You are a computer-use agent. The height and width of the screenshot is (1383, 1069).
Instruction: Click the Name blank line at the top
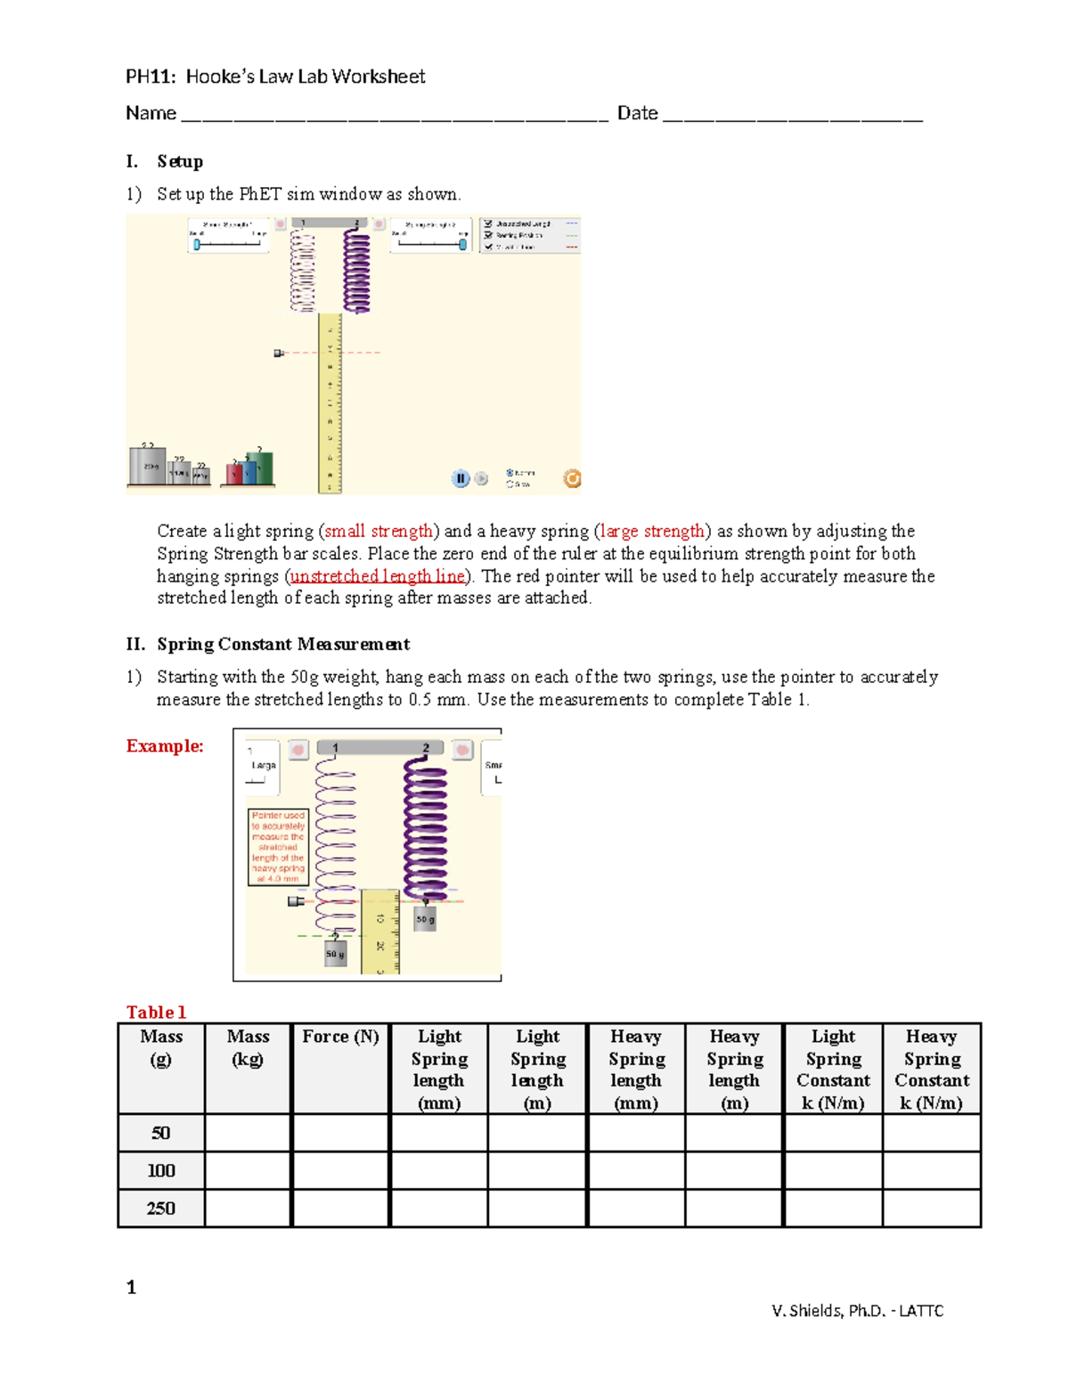[x=393, y=117]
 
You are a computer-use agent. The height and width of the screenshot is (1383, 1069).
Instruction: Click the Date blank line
[x=793, y=117]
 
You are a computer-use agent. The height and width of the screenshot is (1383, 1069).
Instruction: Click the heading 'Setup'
[x=180, y=161]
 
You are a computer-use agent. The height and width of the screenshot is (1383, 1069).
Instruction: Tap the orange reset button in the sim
[x=572, y=479]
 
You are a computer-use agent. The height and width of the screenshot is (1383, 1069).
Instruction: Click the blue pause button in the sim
[x=461, y=479]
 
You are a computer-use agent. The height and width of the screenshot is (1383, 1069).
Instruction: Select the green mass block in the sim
[x=260, y=467]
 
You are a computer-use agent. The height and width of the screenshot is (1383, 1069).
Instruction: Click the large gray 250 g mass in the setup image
[x=148, y=465]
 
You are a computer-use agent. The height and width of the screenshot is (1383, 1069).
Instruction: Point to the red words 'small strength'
[x=379, y=532]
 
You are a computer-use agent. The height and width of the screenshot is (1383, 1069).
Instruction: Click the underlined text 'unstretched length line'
[x=378, y=576]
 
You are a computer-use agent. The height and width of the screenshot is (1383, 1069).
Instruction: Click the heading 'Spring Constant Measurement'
[x=283, y=644]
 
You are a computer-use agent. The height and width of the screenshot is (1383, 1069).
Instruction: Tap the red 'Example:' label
[x=165, y=746]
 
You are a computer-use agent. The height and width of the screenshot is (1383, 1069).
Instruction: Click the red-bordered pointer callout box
[x=278, y=847]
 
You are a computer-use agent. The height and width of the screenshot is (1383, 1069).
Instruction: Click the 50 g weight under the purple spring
[x=426, y=919]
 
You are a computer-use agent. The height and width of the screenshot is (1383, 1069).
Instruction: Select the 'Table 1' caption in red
[x=156, y=1012]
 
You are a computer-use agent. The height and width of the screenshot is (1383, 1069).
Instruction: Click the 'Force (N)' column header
[x=340, y=1037]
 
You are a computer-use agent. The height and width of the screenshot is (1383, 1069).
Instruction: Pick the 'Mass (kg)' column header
[x=248, y=1047]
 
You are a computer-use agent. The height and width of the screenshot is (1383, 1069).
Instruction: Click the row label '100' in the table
[x=161, y=1170]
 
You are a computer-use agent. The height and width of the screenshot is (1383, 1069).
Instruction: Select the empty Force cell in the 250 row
[x=340, y=1208]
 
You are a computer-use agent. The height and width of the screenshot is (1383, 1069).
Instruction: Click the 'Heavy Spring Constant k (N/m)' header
[x=931, y=1069]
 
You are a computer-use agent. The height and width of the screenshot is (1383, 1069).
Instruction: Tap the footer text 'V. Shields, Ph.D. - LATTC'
[x=857, y=1310]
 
